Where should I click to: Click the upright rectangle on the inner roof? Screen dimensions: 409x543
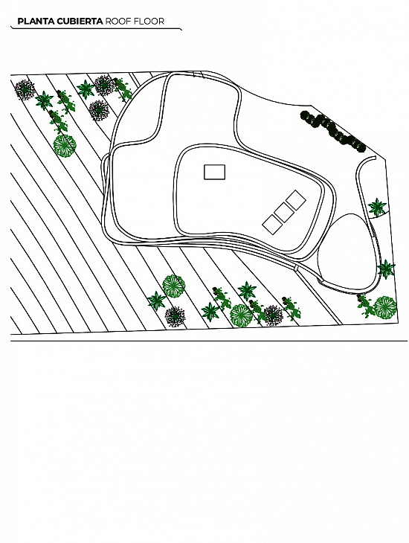214,172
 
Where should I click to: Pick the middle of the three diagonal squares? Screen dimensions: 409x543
284,212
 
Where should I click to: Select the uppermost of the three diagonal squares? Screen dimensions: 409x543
296,200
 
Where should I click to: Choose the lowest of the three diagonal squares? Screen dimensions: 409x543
272,225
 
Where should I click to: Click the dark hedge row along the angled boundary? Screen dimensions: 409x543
332,132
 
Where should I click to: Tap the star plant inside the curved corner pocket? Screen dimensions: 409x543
377,208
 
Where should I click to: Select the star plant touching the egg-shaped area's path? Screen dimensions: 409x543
386,269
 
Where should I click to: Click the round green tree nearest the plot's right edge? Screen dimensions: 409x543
385,307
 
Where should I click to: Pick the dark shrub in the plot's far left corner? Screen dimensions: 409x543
25,90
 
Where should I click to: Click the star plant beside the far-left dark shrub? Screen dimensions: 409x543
45,100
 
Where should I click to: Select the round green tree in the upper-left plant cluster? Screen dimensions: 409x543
65,146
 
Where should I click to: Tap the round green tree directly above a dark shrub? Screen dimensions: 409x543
174,286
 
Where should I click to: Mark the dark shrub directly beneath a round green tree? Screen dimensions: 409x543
175,316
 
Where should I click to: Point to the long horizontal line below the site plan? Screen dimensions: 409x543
209,341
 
